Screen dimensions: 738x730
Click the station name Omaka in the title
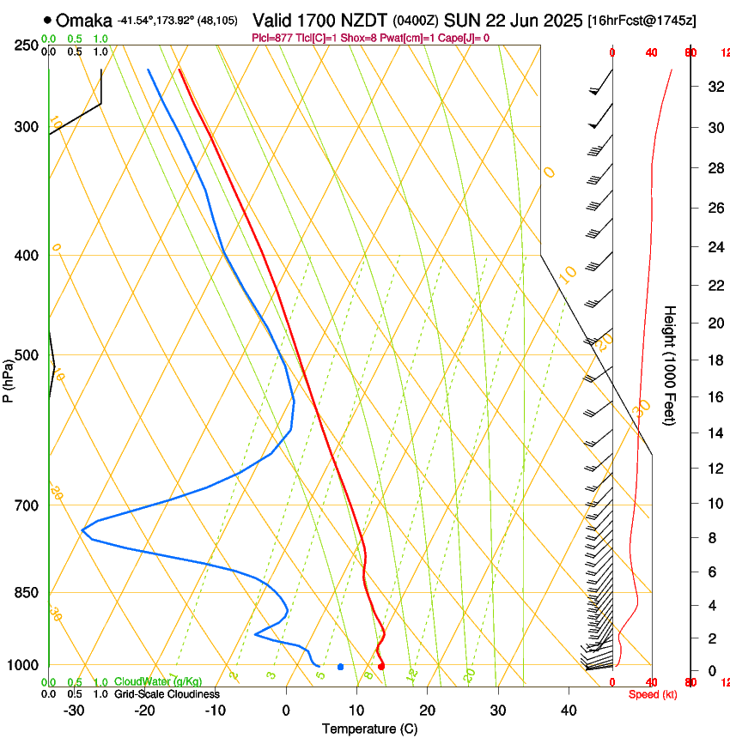[x=84, y=20]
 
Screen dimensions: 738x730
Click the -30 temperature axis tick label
[x=74, y=711]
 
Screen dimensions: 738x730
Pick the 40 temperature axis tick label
[x=569, y=711]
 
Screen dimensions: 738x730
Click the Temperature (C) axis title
[x=369, y=729]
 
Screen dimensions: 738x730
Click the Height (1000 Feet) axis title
[x=670, y=365]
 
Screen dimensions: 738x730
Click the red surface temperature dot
[x=381, y=666]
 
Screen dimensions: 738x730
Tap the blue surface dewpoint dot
[x=341, y=666]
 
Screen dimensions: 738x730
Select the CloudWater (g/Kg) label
[x=158, y=681]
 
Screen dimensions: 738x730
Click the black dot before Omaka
[x=47, y=20]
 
